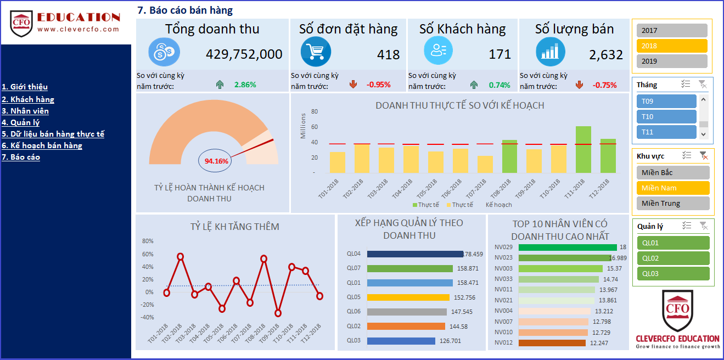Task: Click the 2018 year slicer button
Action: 672,46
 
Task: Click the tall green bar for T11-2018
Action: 583,150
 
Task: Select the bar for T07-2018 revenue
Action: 485,164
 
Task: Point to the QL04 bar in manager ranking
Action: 415,254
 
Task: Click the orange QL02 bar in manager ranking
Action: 406,327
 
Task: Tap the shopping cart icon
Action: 316,51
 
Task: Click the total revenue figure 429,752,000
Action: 244,54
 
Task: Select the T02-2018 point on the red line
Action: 180,256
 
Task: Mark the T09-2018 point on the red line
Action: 278,313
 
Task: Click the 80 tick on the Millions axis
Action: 315,112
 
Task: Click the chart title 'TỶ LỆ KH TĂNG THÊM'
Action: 235,227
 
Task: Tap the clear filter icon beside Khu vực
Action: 703,156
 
